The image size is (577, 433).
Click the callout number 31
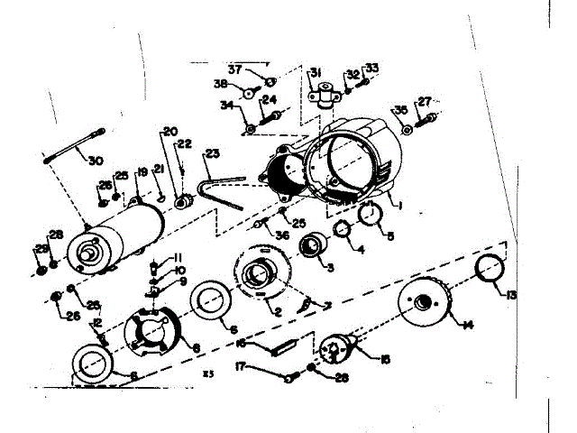pos(316,73)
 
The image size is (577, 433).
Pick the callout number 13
pos(511,295)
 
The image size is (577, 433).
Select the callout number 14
pos(469,323)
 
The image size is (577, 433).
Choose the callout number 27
pos(425,101)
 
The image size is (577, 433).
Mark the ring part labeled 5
pos(370,216)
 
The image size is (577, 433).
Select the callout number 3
pos(330,267)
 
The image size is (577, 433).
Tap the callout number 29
pos(41,249)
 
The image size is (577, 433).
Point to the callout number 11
pos(178,257)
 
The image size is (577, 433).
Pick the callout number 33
pos(371,69)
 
